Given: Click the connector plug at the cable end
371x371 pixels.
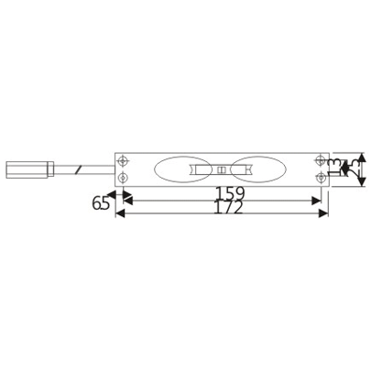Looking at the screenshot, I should coord(26,169).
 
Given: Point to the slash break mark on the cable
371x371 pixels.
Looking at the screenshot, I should coord(82,169).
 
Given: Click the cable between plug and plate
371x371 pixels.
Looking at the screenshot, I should coord(99,169).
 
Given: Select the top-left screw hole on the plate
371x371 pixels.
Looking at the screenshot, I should coord(124,161).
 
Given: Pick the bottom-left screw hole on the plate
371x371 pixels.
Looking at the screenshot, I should coord(124,178).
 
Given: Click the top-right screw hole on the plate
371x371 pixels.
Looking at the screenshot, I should coord(320,161).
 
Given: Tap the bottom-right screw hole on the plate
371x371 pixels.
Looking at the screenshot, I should coord(320,178).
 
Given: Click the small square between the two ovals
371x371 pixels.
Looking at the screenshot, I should coord(221,169).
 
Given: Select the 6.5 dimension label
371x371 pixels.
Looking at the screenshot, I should coord(100,203).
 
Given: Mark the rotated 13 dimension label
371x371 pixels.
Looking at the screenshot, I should coord(335,169).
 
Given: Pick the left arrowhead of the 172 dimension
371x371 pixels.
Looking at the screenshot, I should coord(120,213).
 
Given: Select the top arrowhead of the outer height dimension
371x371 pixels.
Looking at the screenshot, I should coord(361,158).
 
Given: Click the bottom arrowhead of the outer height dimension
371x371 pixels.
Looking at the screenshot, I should coord(361,182).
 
